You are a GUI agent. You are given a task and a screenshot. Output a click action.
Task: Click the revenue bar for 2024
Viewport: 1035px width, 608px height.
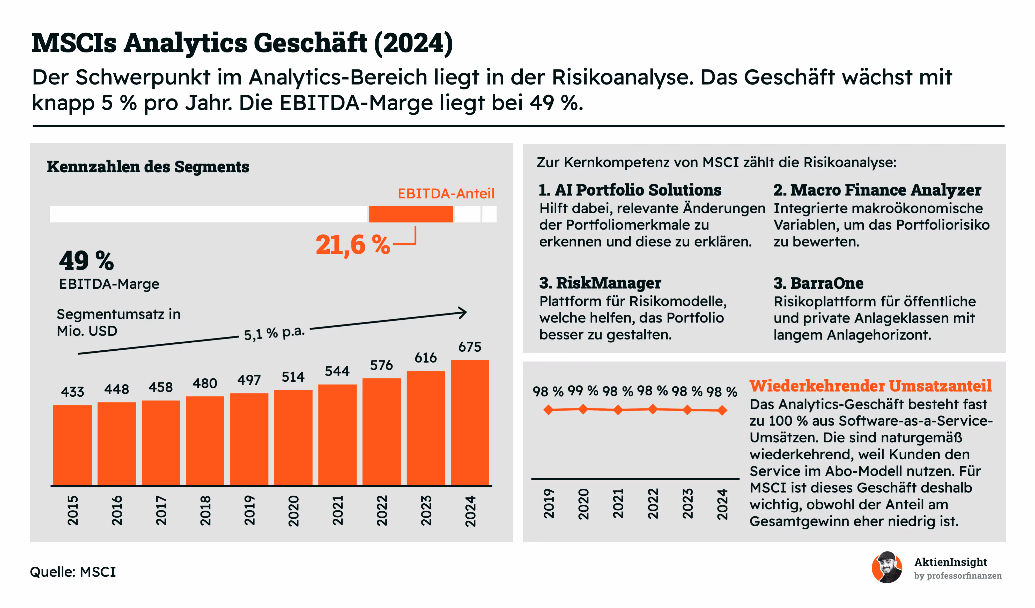pos(470,422)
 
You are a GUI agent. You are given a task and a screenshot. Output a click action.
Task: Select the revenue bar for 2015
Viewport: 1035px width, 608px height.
pos(72,445)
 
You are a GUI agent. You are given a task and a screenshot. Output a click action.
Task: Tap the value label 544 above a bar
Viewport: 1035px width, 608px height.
pos(337,371)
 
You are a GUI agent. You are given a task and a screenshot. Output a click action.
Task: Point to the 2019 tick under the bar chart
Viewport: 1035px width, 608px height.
pos(249,510)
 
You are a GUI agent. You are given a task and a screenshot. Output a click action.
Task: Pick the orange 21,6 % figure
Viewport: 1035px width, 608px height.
pos(352,245)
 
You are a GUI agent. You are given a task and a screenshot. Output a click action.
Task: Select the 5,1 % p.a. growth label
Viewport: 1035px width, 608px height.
pos(274,333)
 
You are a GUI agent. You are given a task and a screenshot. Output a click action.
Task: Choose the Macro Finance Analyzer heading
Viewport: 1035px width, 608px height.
pos(877,190)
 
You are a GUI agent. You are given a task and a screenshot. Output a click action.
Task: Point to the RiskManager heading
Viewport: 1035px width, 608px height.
pos(600,283)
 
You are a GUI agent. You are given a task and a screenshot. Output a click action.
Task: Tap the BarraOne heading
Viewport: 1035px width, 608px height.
pos(818,283)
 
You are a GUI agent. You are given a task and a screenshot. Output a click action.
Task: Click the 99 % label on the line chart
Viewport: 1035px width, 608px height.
pos(583,391)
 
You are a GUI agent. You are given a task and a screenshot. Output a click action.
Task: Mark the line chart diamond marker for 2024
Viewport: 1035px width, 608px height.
pos(722,410)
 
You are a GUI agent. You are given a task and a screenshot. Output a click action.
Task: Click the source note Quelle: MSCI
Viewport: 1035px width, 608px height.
pos(73,572)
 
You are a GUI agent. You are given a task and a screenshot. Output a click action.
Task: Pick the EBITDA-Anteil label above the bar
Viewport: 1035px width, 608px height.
pos(446,194)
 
